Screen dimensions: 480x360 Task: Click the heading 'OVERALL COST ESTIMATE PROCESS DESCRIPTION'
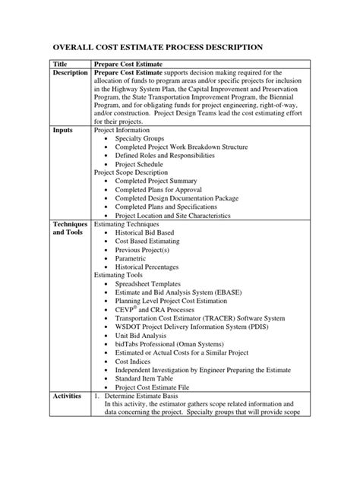click(x=157, y=46)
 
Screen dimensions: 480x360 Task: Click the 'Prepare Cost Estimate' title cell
click(x=127, y=67)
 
